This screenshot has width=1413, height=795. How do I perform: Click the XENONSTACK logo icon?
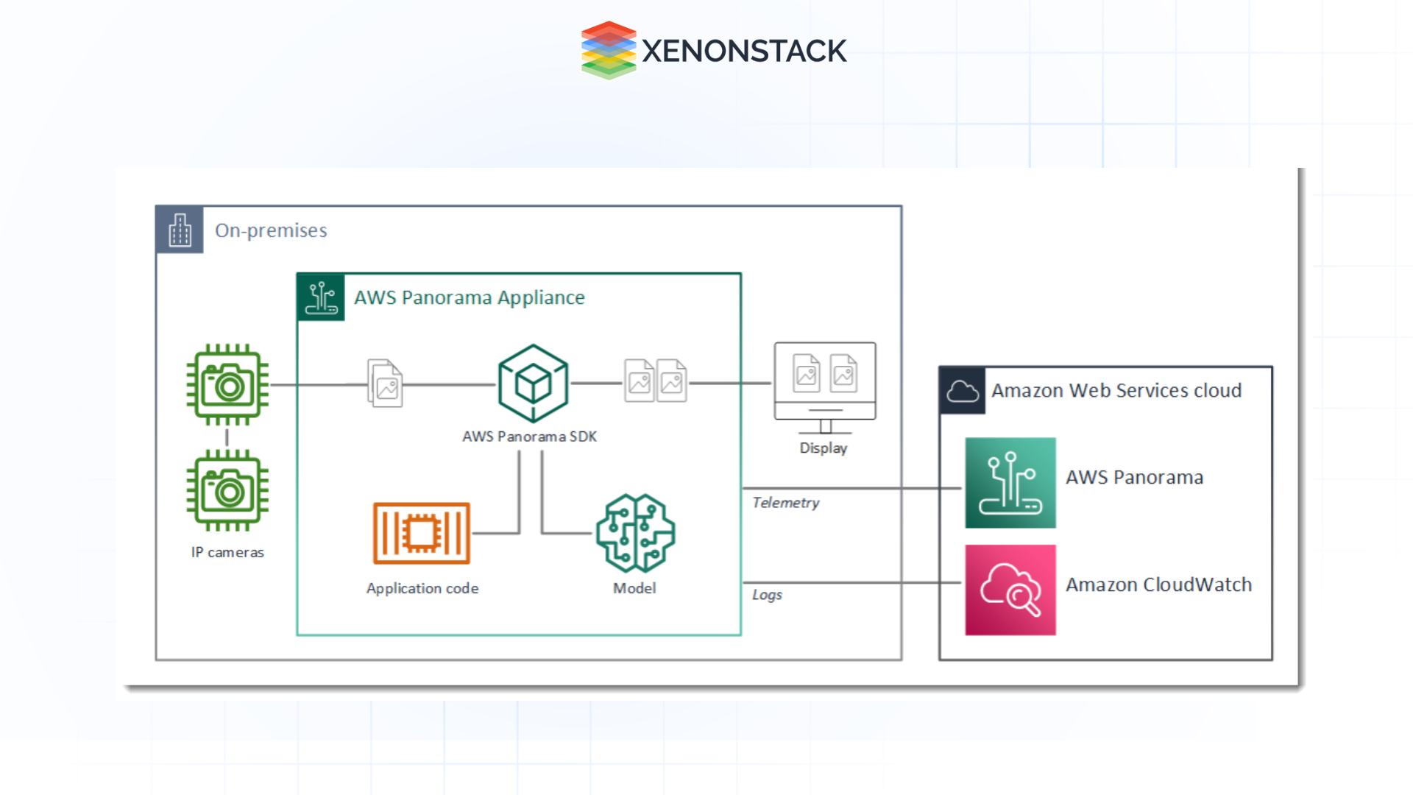608,50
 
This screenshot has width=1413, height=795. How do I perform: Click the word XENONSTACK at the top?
744,52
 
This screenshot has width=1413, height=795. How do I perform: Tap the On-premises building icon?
180,230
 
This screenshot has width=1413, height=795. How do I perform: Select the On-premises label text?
271,230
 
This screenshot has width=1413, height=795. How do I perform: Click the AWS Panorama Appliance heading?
469,297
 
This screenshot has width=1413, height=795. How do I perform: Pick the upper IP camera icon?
227,384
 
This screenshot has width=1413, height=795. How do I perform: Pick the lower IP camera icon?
227,490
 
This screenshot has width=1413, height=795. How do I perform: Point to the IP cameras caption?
227,552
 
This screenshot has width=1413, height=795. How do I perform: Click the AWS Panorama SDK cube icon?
533,384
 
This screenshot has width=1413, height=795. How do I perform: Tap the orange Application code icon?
421,533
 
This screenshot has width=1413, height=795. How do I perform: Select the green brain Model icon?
635,533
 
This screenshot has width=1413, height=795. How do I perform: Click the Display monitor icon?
824,387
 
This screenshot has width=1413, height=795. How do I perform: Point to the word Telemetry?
785,503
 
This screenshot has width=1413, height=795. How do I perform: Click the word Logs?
767,595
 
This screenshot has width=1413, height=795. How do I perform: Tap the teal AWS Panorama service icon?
1010,483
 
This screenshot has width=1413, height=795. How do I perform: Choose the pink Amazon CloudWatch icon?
1010,590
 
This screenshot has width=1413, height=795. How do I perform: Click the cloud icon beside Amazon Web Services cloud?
963,391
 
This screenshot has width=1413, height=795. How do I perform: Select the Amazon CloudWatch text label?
1158,584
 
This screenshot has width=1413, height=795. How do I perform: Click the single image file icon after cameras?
385,384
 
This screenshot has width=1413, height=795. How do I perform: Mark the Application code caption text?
422,588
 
